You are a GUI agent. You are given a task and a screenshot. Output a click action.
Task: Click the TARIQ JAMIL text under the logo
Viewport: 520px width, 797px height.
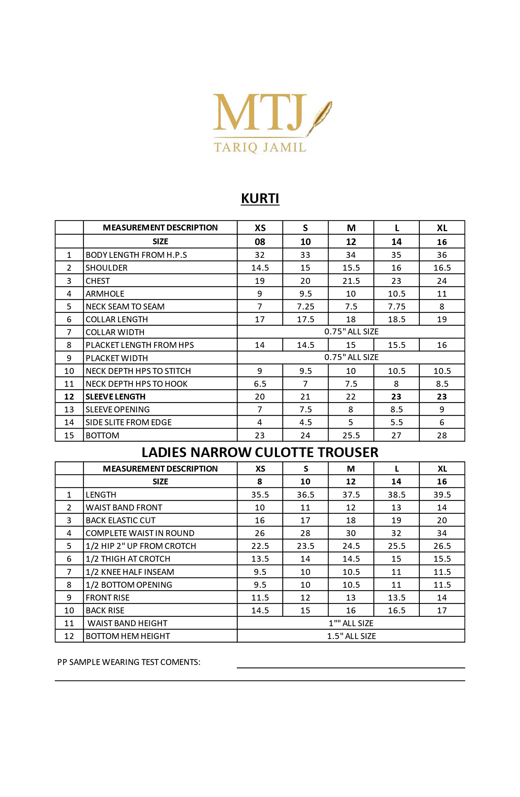click(260, 147)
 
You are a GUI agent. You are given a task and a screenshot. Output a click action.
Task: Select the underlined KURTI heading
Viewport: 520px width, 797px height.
click(260, 199)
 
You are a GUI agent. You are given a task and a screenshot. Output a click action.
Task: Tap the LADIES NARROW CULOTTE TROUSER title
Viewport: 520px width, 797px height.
click(260, 452)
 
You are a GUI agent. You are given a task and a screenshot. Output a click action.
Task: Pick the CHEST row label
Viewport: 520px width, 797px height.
click(98, 281)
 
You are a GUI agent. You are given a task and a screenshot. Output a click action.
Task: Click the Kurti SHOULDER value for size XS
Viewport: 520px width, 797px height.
click(260, 268)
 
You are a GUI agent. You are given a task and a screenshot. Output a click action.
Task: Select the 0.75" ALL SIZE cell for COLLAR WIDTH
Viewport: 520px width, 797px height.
click(351, 332)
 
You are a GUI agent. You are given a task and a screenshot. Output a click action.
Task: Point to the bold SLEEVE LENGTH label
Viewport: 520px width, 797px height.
click(115, 396)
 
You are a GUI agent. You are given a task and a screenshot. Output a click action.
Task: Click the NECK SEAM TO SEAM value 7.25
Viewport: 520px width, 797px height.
click(305, 307)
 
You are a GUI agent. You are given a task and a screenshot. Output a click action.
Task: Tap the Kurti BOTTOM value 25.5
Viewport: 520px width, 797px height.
click(351, 435)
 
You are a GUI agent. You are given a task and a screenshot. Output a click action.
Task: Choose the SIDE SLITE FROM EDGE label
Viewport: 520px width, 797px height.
click(129, 422)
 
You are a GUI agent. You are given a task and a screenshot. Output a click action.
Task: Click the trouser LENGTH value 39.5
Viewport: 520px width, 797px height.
click(442, 494)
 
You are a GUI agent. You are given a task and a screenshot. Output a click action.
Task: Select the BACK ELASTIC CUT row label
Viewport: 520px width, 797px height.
click(120, 520)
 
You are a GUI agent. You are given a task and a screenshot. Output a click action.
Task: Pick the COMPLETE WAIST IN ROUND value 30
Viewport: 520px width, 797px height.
click(351, 533)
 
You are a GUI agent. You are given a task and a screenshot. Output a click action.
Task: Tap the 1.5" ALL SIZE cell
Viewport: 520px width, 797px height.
click(351, 636)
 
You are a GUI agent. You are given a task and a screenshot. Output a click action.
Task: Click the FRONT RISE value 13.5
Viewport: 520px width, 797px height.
click(397, 597)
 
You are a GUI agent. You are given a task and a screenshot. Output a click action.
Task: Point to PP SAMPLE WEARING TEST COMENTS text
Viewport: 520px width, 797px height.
click(129, 662)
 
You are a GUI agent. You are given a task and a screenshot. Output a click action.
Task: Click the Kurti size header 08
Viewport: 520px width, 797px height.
click(260, 242)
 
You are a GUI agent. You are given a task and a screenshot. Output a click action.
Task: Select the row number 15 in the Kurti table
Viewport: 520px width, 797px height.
click(69, 435)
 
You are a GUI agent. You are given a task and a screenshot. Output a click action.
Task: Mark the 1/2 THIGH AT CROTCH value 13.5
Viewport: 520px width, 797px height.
click(260, 559)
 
